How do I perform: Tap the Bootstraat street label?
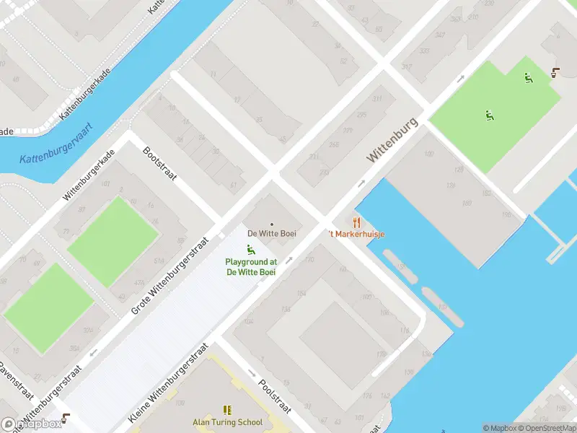160,165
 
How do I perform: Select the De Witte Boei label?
272,234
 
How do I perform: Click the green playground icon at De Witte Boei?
251,250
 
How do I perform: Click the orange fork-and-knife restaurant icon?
356,222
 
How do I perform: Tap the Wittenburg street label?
392,139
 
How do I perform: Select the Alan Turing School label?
227,422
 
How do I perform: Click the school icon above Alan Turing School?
227,410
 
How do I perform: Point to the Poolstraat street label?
274,396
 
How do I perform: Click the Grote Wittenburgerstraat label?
171,276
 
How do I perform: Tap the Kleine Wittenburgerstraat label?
168,382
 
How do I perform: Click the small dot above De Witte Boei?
272,224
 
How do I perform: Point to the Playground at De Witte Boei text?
251,267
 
